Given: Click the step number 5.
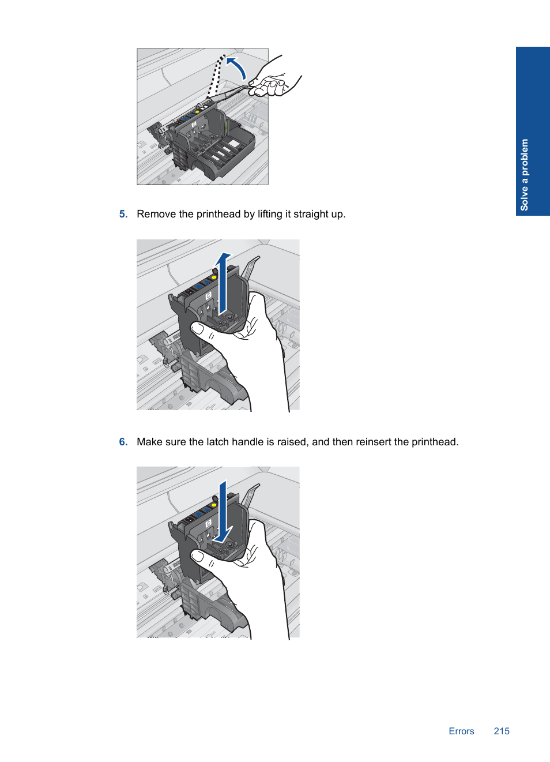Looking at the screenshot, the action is pos(123,214).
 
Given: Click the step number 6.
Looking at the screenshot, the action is pos(123,442).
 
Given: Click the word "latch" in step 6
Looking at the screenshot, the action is pos(217,442).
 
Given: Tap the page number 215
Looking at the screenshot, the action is pos(502,731).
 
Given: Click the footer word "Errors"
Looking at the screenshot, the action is pos(461,731).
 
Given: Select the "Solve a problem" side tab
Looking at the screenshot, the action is pos(532,132).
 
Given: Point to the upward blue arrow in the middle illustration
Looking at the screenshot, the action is pos(223,283).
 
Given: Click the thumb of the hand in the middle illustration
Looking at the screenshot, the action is pos(202,331).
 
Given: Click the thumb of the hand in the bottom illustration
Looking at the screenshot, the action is pos(202,558).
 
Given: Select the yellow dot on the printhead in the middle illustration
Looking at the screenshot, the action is pos(214,277).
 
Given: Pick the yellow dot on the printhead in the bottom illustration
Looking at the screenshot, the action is pos(214,505).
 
